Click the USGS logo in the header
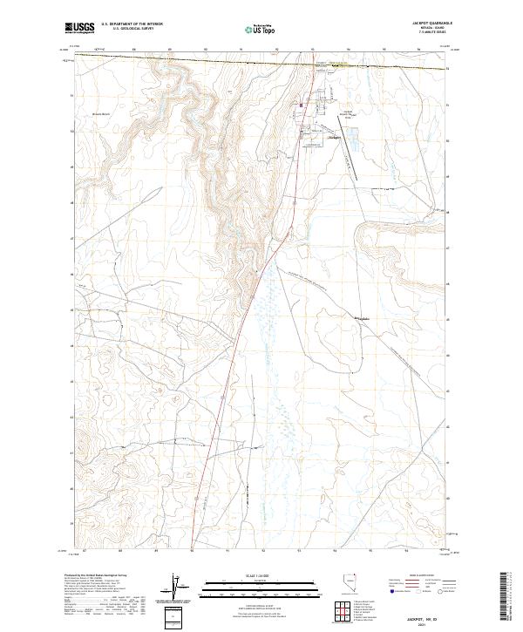[79, 28]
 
